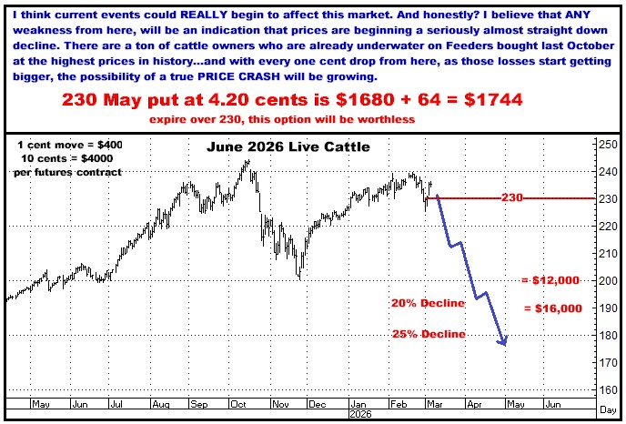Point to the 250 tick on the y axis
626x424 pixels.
point(604,145)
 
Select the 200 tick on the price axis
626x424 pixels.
point(604,280)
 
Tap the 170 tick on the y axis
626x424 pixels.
point(604,363)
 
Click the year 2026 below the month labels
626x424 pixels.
point(363,414)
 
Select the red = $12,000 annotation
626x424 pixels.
point(550,281)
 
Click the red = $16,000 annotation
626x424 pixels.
point(552,309)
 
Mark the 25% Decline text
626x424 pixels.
point(428,334)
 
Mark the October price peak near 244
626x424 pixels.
point(247,162)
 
